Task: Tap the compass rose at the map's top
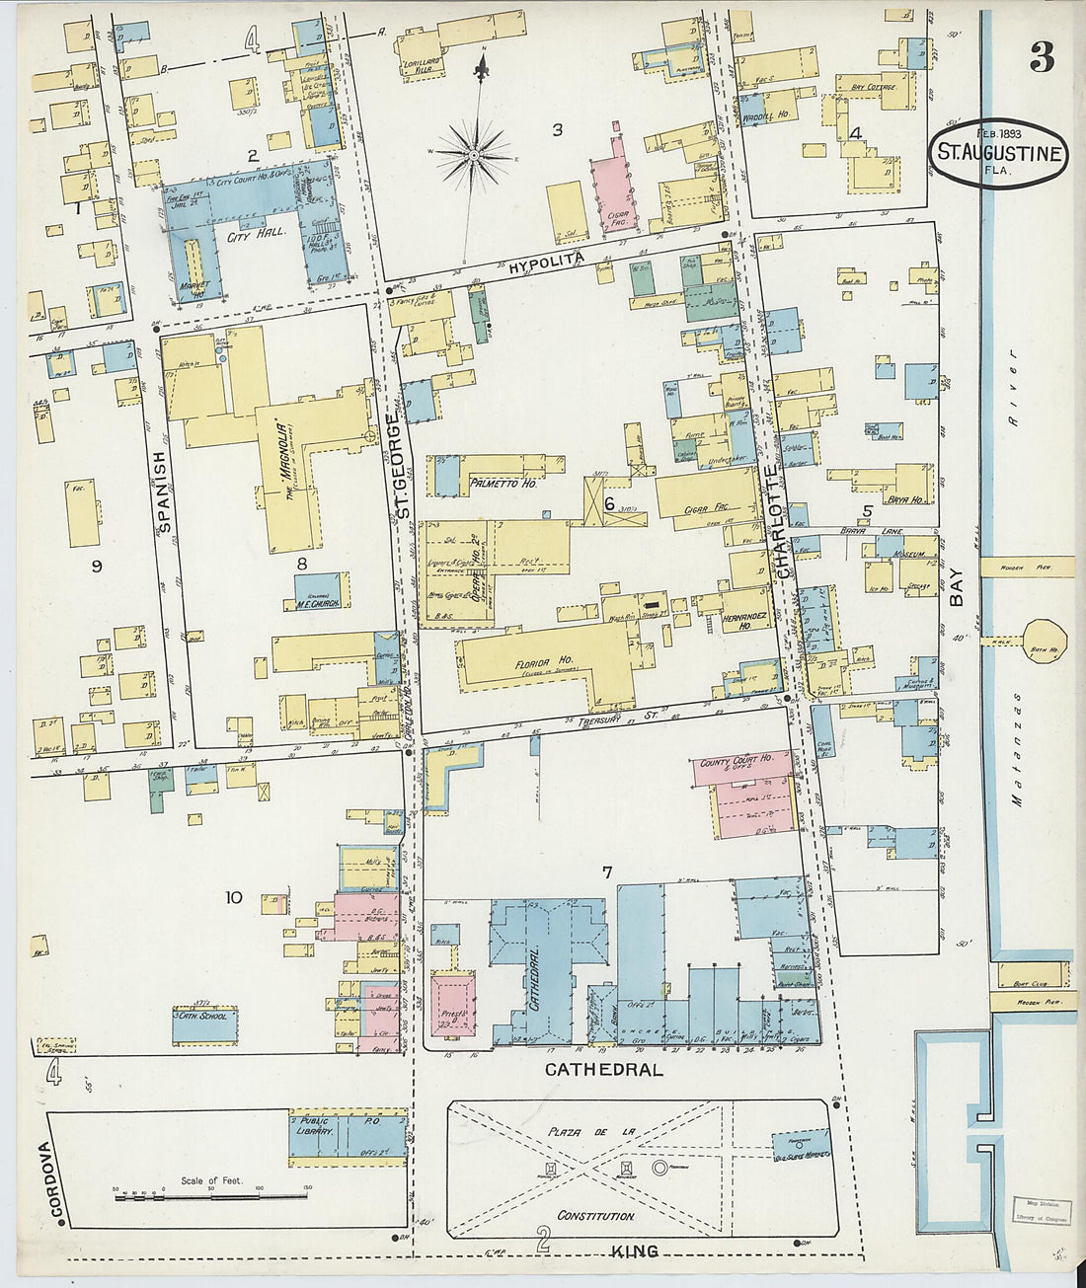474,155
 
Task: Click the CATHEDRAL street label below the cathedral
602,1069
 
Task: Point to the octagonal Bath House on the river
1044,641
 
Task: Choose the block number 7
607,871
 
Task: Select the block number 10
233,897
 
